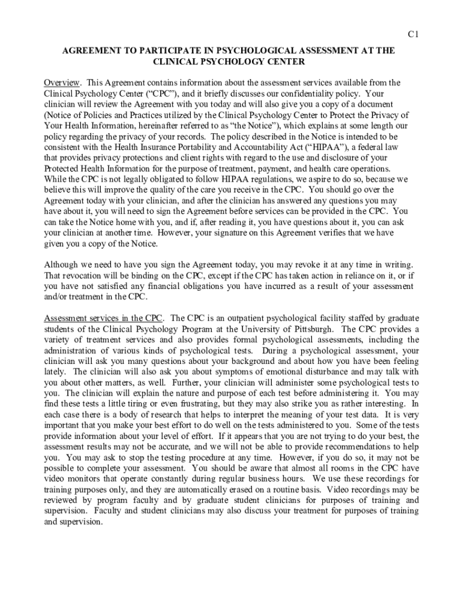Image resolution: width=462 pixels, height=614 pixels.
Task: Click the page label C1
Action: coord(413,35)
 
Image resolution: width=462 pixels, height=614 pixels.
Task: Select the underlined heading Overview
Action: coord(61,82)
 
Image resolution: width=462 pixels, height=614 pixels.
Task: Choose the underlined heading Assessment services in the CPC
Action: coord(102,318)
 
